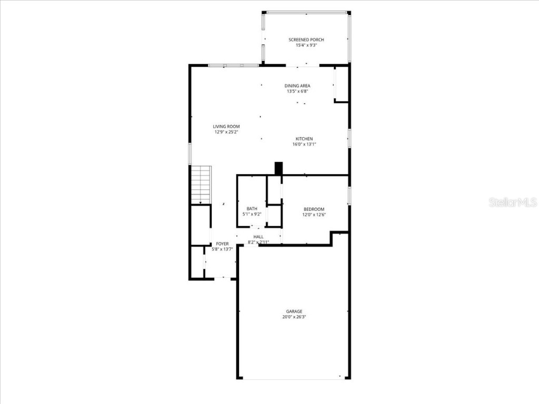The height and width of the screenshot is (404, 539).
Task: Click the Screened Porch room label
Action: (306, 40)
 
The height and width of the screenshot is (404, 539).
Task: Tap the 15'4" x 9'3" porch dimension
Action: (306, 46)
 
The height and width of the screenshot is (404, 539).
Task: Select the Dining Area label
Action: (297, 86)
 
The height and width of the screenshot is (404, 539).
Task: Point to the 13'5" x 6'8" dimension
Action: (297, 92)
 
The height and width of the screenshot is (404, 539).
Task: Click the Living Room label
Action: (226, 126)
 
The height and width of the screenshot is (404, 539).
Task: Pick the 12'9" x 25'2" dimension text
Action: (226, 132)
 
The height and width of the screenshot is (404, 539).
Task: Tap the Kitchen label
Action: (304, 139)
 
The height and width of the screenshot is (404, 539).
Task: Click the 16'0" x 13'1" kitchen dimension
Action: (304, 145)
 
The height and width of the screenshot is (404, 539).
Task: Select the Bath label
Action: (252, 209)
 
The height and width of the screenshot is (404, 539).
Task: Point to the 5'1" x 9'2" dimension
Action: (252, 215)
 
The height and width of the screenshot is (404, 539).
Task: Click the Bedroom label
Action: (314, 209)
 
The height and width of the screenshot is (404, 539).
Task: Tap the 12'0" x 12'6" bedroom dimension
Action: (314, 215)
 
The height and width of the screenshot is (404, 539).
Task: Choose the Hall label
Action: (258, 237)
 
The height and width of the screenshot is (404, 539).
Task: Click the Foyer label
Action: (222, 244)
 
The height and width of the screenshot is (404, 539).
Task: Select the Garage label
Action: (294, 311)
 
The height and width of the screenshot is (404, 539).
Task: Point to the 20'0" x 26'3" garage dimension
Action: (294, 317)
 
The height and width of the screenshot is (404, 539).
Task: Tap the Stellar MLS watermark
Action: (513, 203)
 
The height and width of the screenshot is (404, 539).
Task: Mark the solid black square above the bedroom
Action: (279, 168)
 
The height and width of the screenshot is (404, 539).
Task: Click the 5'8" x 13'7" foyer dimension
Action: (222, 249)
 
